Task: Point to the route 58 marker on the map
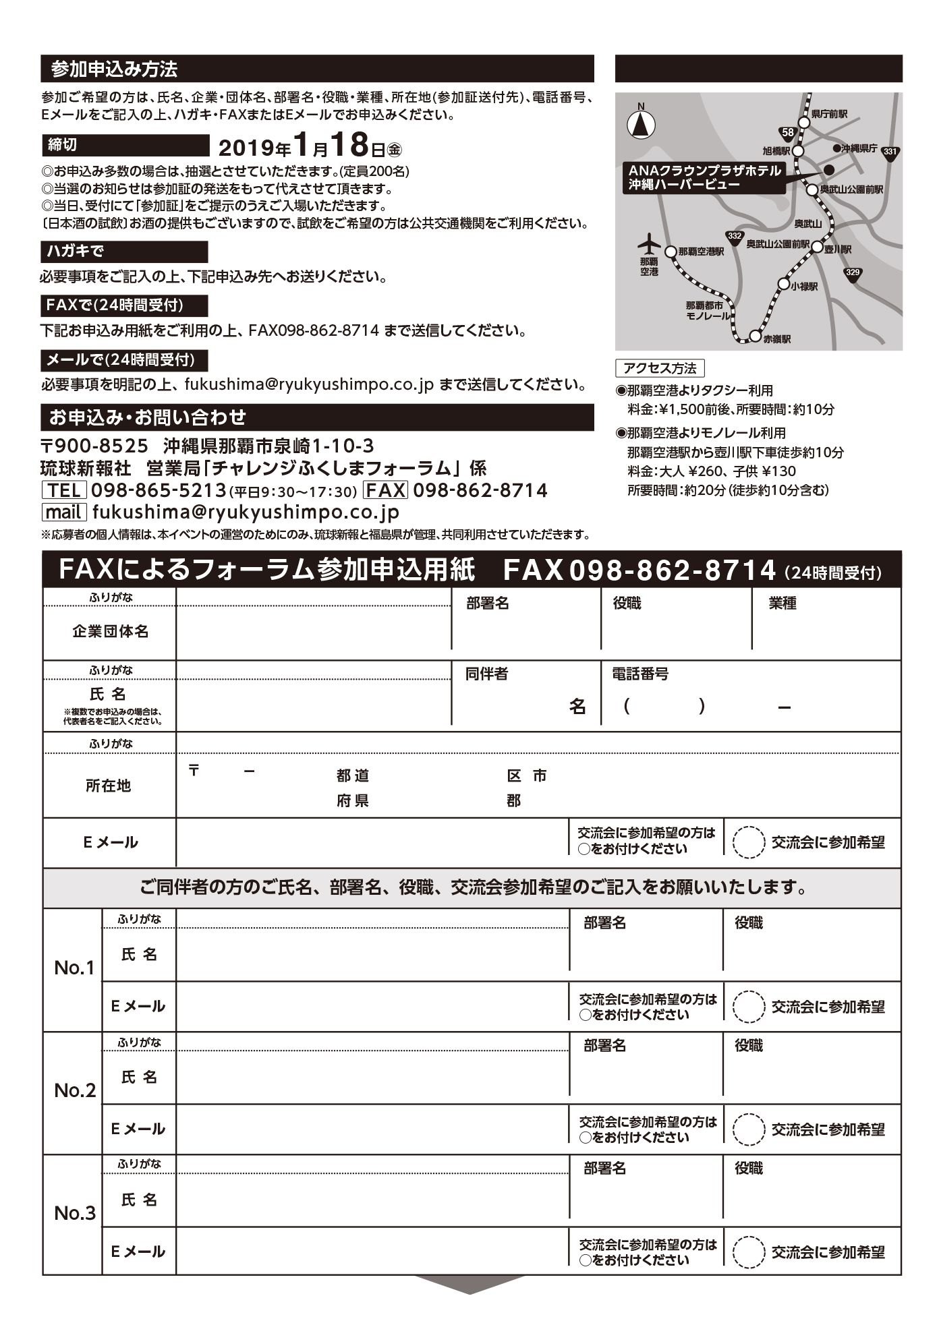coord(786,133)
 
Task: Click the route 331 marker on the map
coord(890,152)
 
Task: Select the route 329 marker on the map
coord(853,272)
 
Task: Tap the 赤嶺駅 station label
coord(777,338)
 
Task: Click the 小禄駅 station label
coord(805,286)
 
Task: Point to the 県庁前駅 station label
coord(829,115)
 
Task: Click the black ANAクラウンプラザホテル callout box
coord(704,177)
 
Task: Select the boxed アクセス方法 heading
coord(660,368)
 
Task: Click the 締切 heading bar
coord(125,145)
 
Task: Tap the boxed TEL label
coord(64,490)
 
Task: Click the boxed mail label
coord(64,512)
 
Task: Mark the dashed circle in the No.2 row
coord(748,1129)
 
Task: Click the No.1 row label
coord(74,968)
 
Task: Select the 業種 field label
coord(782,603)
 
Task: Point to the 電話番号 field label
coord(640,674)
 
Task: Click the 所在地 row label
coord(109,786)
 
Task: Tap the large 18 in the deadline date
coord(349,144)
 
